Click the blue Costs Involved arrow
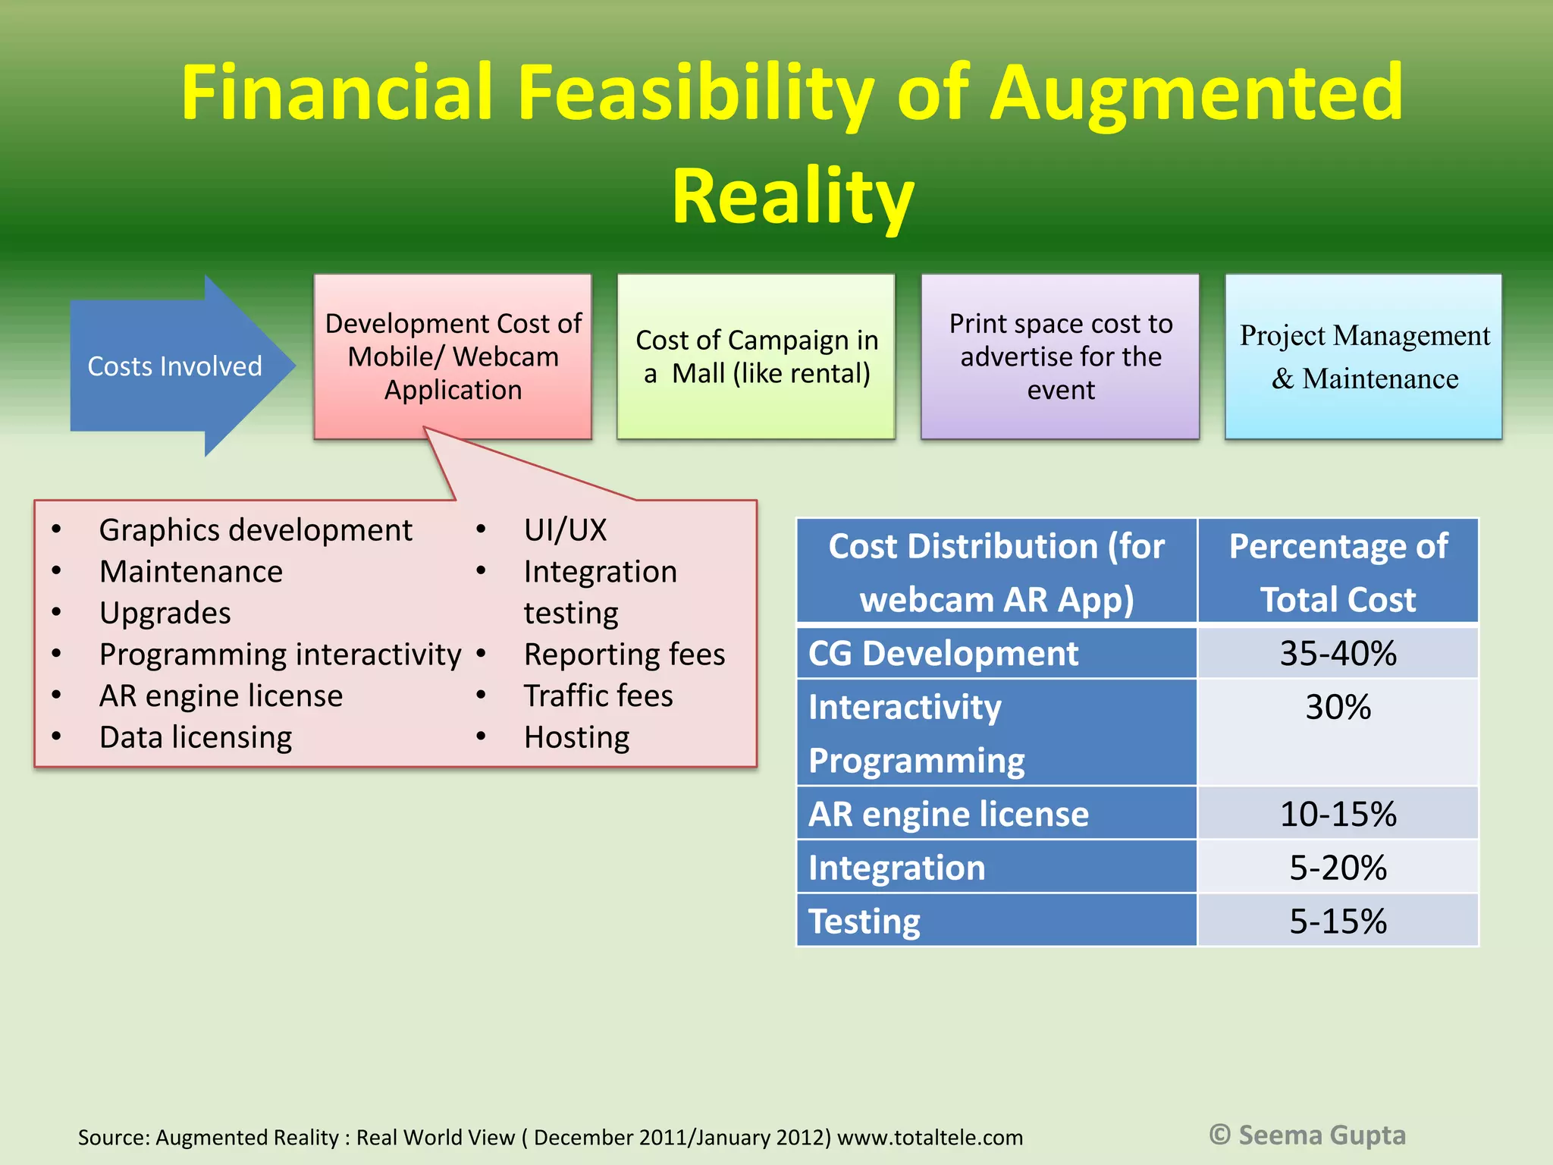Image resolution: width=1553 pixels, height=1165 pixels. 174,366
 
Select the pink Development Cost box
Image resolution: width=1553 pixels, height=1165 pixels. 453,356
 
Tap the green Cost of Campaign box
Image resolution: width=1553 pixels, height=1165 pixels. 756,356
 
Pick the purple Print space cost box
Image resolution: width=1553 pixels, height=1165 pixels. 1060,356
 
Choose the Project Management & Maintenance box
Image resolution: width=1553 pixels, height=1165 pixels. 1363,356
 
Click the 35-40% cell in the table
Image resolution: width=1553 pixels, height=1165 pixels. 1338,653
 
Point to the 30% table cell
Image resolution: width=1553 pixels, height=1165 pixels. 1338,708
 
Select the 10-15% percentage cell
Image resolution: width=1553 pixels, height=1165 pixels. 1338,814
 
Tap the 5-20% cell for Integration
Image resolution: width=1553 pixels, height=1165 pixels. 1338,868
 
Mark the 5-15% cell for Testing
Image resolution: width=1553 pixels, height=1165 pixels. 1338,922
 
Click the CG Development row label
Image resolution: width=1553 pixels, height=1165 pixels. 943,653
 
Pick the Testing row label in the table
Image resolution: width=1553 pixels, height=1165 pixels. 864,922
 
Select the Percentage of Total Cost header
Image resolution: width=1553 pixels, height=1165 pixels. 1338,572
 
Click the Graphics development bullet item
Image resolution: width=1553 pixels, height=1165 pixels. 256,530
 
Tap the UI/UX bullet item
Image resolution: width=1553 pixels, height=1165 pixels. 566,530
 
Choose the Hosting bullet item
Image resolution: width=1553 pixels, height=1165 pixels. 576,737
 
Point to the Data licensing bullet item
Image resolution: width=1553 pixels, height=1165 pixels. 196,737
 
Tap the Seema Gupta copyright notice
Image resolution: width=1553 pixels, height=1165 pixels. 1307,1135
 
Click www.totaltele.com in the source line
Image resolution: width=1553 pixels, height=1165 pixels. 930,1138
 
